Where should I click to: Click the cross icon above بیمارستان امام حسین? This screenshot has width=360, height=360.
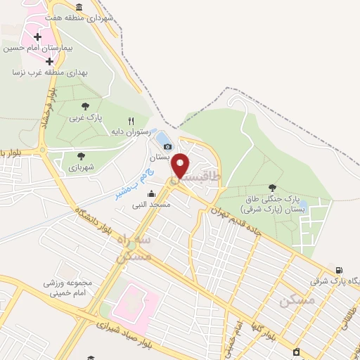click(37, 36)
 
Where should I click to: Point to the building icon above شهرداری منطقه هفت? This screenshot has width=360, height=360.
click(77, 7)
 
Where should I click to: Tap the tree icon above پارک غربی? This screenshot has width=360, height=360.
click(85, 106)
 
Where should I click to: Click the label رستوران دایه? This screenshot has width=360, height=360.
click(127, 131)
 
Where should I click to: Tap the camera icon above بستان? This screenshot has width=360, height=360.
click(167, 146)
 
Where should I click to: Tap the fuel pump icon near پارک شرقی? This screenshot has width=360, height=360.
click(340, 271)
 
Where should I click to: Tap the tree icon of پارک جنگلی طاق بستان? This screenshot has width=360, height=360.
click(272, 187)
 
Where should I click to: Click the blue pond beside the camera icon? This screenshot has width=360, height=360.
click(162, 139)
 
